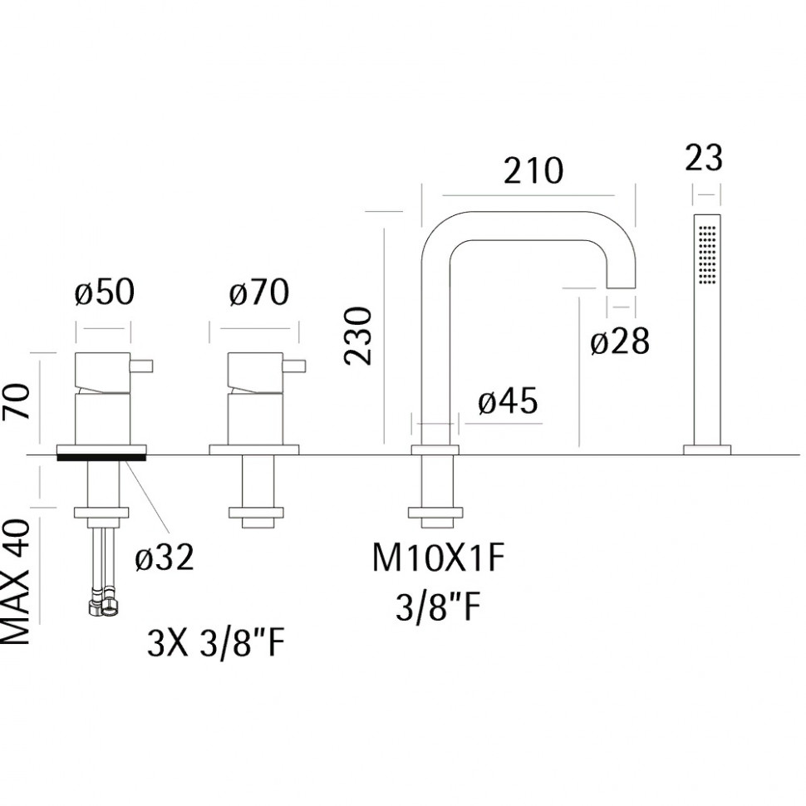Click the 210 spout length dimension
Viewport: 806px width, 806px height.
[x=533, y=170]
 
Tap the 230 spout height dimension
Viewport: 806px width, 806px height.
[x=358, y=337]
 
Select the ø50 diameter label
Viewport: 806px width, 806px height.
[x=105, y=292]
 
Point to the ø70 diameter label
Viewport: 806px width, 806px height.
[x=259, y=292]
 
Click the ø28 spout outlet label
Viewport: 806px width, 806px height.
[x=620, y=341]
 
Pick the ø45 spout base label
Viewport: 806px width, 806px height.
[x=508, y=401]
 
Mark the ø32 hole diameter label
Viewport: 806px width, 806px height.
[x=165, y=556]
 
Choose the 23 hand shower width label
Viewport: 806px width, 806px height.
[x=704, y=157]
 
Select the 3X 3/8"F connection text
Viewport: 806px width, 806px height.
[x=216, y=644]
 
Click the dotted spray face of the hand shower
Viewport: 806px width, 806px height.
[x=707, y=253]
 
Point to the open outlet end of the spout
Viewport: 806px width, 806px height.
[x=621, y=287]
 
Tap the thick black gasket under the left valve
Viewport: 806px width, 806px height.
[x=101, y=457]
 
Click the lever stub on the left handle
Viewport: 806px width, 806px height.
[x=141, y=366]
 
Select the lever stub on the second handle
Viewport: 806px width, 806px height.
[x=294, y=366]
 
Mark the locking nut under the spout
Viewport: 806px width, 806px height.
[x=435, y=513]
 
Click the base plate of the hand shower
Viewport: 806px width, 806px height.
[x=707, y=450]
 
